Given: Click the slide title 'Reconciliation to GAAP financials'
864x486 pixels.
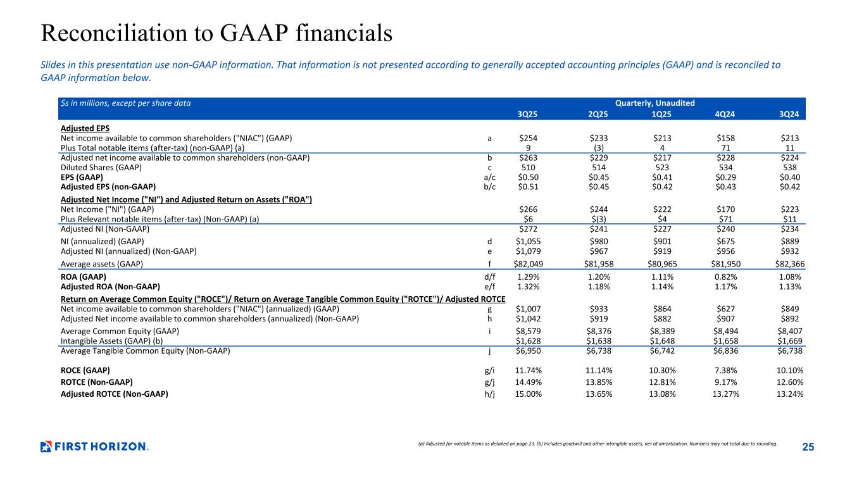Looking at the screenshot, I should pos(216,34).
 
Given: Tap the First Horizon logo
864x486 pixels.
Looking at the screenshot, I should pos(94,447).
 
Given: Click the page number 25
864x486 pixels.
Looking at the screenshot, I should pos(808,447).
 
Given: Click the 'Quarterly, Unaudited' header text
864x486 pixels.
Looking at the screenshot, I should pos(654,103).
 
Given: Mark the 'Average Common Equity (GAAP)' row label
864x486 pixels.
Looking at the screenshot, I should pos(120,331).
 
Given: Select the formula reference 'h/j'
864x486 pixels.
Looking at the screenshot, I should pos(489,394).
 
